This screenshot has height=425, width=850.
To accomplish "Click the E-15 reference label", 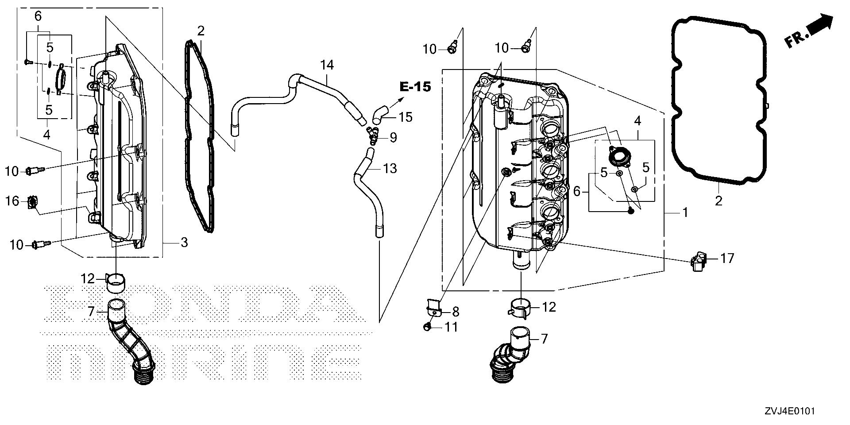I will tap(415, 87).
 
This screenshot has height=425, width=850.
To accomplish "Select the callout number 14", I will tap(327, 66).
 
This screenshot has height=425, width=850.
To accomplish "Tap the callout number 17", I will tap(727, 258).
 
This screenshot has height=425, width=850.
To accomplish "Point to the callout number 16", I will tap(12, 201).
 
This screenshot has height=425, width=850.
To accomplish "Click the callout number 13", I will tap(390, 169).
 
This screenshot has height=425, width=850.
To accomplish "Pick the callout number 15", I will tap(405, 117).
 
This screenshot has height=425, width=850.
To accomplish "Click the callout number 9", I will tap(393, 138).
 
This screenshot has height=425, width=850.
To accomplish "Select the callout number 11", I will tap(451, 327).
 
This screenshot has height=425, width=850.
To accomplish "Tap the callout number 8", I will tap(456, 312).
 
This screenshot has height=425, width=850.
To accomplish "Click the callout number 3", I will tap(183, 243).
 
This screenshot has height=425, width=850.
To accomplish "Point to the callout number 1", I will tap(685, 213).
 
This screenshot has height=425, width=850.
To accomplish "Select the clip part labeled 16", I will tap(32, 203).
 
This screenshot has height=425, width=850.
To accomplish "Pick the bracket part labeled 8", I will tap(434, 307).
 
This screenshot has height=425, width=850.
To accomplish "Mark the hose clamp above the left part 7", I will tap(116, 282).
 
